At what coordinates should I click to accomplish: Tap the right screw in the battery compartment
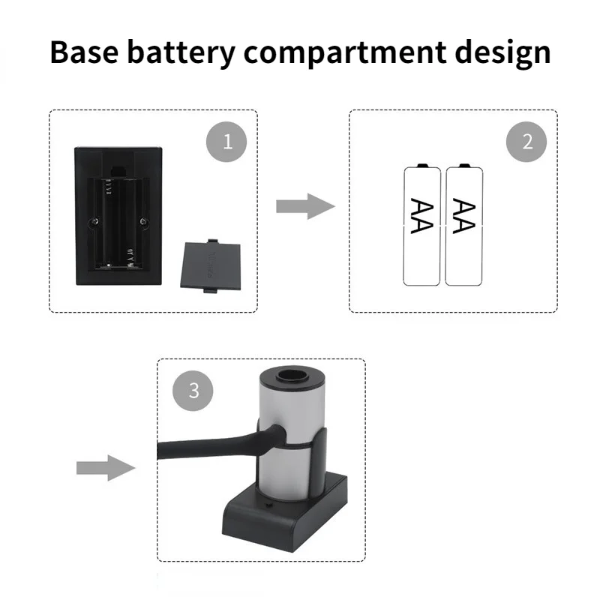[144, 221]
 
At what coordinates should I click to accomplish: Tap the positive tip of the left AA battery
[422, 164]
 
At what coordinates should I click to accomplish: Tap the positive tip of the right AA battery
[464, 164]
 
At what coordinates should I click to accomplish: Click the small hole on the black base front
[268, 507]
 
